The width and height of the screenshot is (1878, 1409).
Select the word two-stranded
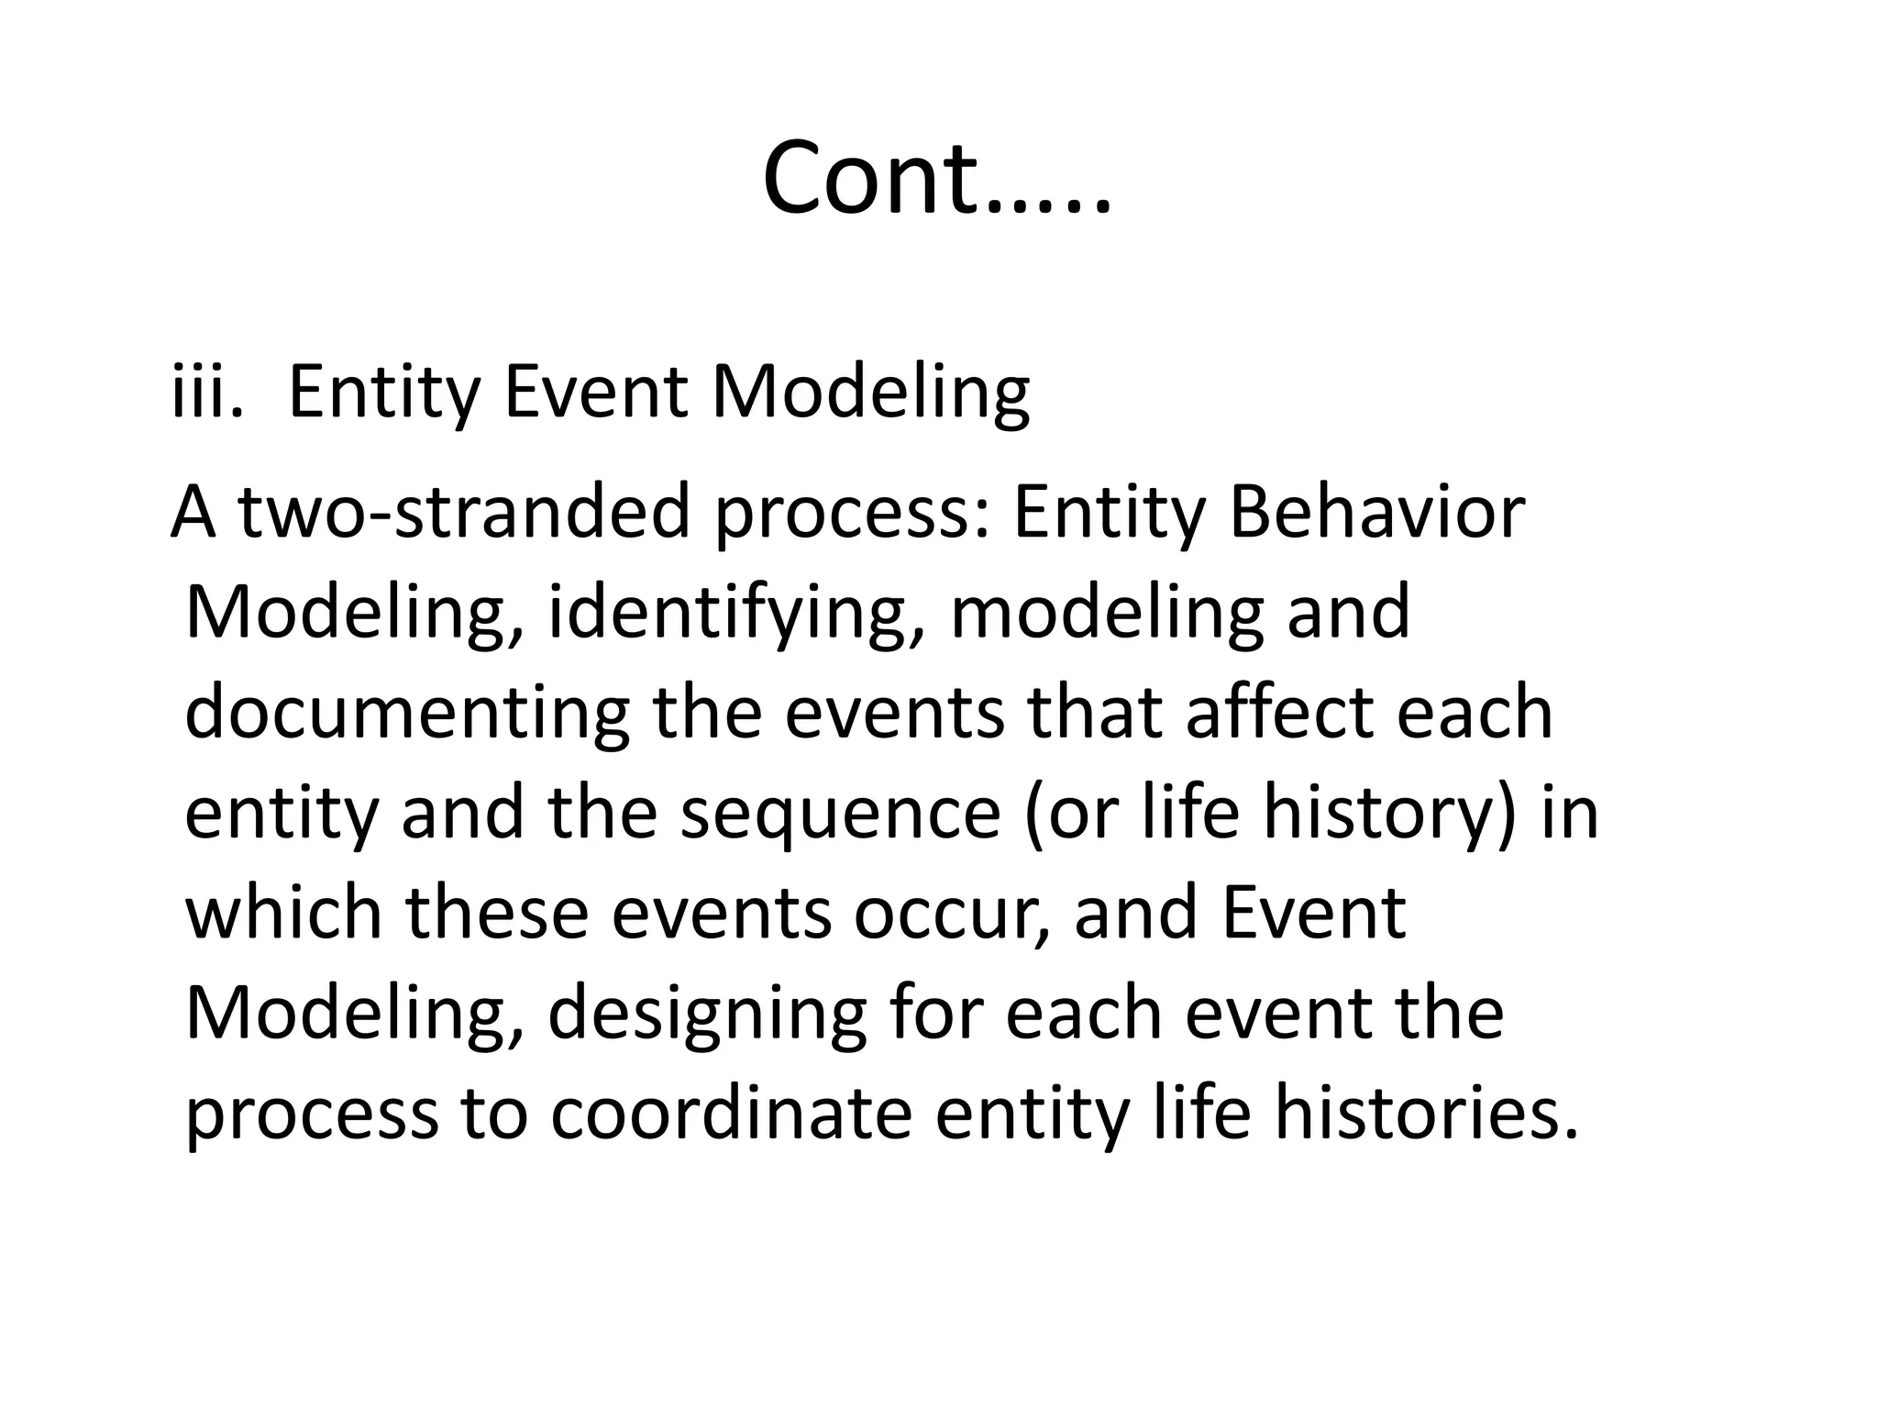(464, 513)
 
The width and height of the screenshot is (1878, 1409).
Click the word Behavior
(1376, 513)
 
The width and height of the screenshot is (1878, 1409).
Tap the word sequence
(840, 815)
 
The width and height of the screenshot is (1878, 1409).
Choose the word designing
(707, 1015)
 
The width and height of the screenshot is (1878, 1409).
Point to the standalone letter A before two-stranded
(193, 513)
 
